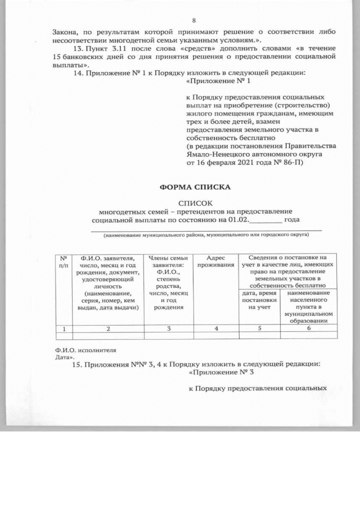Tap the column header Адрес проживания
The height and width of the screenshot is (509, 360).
coord(216,262)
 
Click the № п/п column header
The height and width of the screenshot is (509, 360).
coord(64,262)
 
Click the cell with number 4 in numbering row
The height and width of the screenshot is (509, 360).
coord(216,328)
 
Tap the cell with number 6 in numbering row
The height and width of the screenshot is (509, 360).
coord(308,328)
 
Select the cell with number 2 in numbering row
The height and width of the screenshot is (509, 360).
coord(107,328)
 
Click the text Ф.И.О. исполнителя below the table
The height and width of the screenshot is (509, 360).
coord(80,350)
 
